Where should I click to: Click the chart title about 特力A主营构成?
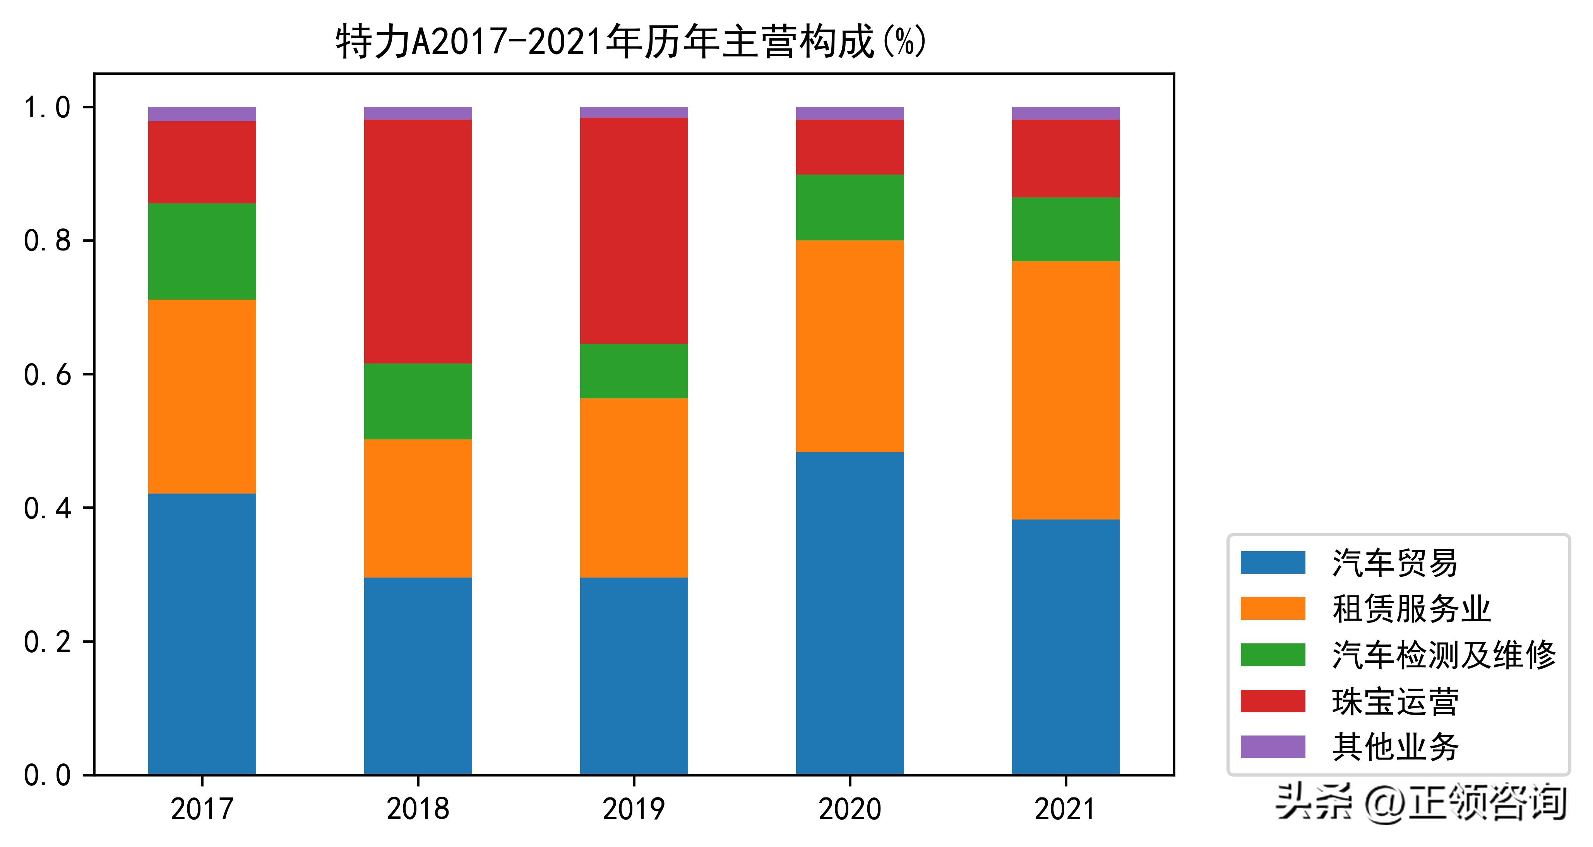(x=631, y=42)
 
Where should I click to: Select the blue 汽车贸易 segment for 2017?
(x=202, y=634)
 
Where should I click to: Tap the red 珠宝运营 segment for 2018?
(x=418, y=241)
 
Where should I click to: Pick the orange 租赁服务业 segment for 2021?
(x=1065, y=390)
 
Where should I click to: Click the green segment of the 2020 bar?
(x=850, y=207)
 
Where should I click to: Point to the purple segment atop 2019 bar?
(x=634, y=112)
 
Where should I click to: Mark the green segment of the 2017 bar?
(x=202, y=251)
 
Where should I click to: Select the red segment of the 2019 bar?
(x=634, y=231)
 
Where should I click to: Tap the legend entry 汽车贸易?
(x=1394, y=563)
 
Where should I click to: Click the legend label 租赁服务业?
(x=1411, y=609)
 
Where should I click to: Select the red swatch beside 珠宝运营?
(x=1273, y=701)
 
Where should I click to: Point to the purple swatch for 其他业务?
(x=1273, y=747)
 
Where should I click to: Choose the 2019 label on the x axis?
(x=634, y=809)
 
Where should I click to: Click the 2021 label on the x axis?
(x=1065, y=809)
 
